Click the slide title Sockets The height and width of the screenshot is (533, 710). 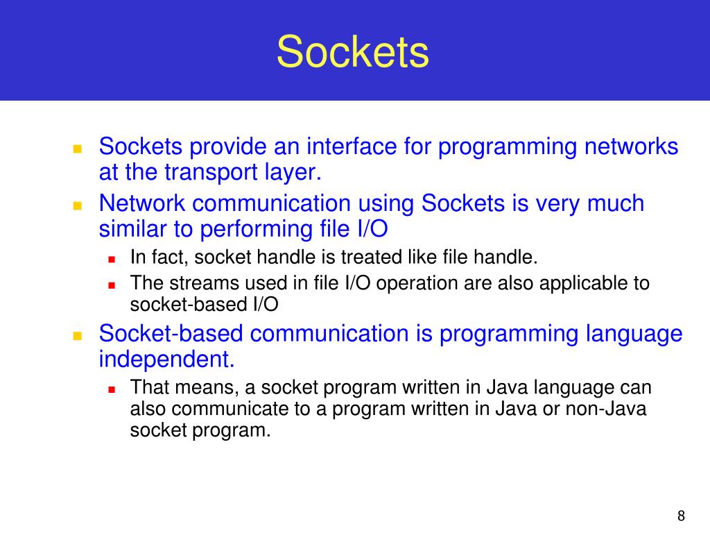coord(353,52)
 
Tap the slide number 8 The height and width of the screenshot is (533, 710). coord(681,516)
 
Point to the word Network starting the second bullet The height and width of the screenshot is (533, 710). coord(142,203)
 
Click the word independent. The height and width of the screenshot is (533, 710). coord(166,359)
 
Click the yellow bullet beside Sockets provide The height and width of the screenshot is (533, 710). coord(78,149)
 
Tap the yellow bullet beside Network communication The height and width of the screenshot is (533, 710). coord(78,205)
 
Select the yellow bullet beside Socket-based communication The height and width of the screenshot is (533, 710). coord(78,336)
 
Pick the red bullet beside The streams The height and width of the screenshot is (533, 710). coord(112,285)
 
